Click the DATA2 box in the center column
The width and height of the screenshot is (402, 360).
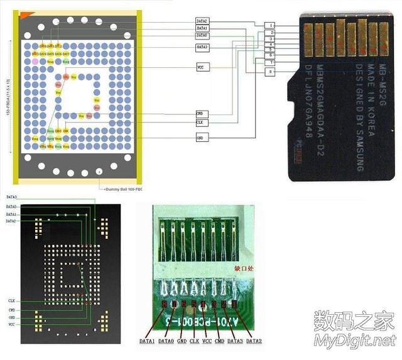tap(202, 21)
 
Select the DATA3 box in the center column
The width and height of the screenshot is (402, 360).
tap(202, 47)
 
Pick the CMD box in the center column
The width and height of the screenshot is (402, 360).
tap(202, 113)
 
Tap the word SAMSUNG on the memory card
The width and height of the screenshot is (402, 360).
tap(359, 150)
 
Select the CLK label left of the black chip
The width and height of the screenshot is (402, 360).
tap(12, 301)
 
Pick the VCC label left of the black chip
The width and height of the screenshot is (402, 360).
tap(12, 325)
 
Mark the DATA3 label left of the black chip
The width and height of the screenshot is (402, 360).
tap(12, 197)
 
